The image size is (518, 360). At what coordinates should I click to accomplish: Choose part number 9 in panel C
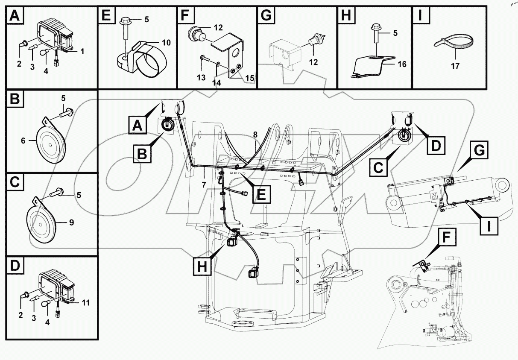click(71, 222)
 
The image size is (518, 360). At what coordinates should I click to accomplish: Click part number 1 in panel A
click(82, 51)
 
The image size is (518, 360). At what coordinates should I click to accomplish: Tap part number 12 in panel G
click(313, 62)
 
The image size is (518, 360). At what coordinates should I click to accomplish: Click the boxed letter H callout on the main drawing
click(202, 267)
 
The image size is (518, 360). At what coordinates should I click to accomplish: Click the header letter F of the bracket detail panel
click(184, 17)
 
